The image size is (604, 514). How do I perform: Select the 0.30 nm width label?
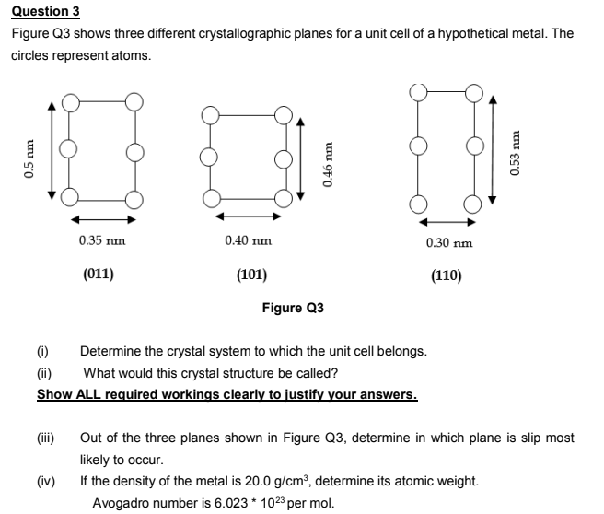[448, 242]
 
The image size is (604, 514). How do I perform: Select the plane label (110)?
[447, 275]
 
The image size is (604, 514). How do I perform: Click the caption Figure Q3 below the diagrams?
[293, 308]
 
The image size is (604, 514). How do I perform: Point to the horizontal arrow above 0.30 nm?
[447, 221]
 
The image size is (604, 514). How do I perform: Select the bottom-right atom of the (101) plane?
[282, 196]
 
